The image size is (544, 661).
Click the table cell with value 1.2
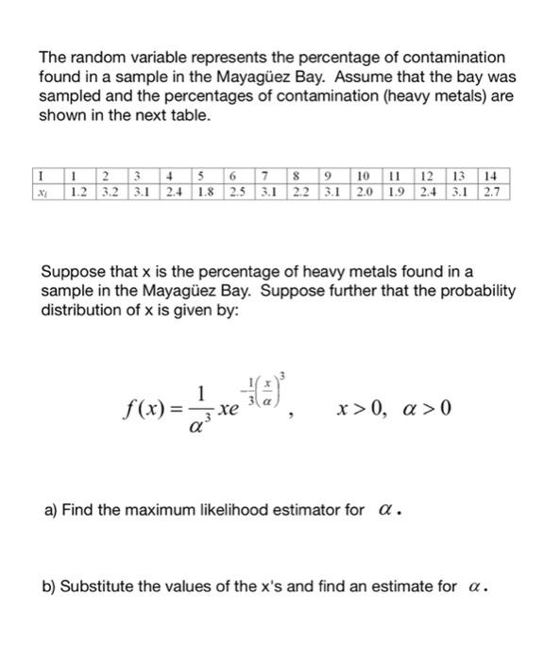(x=80, y=192)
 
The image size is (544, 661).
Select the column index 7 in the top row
(x=268, y=176)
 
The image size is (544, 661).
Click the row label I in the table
(x=44, y=176)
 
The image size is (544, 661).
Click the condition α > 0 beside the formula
(x=425, y=409)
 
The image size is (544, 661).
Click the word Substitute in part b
(x=98, y=586)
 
